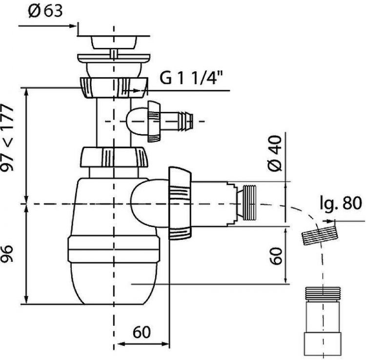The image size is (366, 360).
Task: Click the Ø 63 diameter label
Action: click(x=45, y=11)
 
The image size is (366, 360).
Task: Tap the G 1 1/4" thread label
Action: click(x=191, y=78)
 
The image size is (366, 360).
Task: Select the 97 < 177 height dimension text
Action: click(x=7, y=138)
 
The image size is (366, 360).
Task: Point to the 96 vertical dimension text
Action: click(x=7, y=254)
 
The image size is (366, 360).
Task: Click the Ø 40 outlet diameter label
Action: click(x=275, y=153)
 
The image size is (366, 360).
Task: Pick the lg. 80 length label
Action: click(x=341, y=204)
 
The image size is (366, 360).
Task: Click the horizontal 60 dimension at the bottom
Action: click(x=142, y=332)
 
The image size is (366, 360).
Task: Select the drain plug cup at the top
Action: click(x=113, y=42)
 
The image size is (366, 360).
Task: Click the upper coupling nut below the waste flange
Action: click(x=114, y=87)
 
